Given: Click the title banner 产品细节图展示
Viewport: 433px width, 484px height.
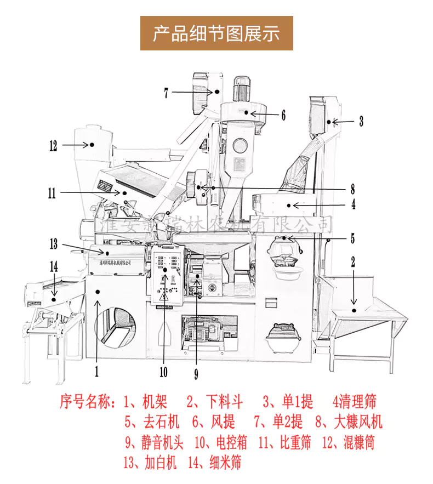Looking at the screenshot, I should point(216,33).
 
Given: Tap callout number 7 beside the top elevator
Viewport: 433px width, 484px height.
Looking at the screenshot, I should point(166,93).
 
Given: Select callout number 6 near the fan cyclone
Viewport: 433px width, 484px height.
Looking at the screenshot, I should point(283,115).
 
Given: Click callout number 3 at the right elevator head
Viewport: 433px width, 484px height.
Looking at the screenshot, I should point(361,122).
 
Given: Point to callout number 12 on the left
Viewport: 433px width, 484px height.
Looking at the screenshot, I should point(53,146).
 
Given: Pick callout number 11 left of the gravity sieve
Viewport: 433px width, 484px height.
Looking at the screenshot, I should point(52,193).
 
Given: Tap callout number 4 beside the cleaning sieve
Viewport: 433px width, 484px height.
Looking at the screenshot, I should point(354,205).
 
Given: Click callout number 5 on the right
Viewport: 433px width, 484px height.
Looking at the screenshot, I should point(353,238).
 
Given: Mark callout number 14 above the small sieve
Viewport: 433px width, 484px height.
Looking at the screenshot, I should point(53,267).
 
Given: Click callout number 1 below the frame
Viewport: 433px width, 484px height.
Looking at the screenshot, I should point(96,372).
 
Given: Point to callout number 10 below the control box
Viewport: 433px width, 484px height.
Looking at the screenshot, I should point(163,372).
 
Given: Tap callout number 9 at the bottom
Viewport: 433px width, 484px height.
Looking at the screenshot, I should point(196,374).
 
